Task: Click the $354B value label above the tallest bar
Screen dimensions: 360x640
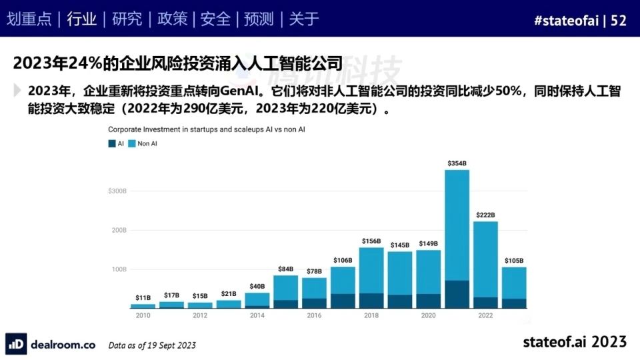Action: coord(457,163)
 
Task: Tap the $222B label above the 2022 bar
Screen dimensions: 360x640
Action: coord(485,215)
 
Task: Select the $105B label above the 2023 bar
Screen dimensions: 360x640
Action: coord(514,261)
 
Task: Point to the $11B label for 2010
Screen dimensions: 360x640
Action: coord(143,297)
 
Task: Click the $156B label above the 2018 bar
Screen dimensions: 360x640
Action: coord(371,241)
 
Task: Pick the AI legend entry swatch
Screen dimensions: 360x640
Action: coord(112,143)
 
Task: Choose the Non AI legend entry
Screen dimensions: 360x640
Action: coord(143,143)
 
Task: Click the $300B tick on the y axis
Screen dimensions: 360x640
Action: coord(117,191)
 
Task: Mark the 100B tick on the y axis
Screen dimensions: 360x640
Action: coord(119,269)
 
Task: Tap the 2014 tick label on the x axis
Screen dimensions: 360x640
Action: coord(257,315)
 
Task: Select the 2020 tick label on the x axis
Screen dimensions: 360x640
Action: coord(428,315)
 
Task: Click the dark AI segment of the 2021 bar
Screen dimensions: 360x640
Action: coord(457,294)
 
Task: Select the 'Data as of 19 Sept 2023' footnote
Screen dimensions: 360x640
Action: coord(152,345)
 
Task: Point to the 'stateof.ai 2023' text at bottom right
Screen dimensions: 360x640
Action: coord(575,341)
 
